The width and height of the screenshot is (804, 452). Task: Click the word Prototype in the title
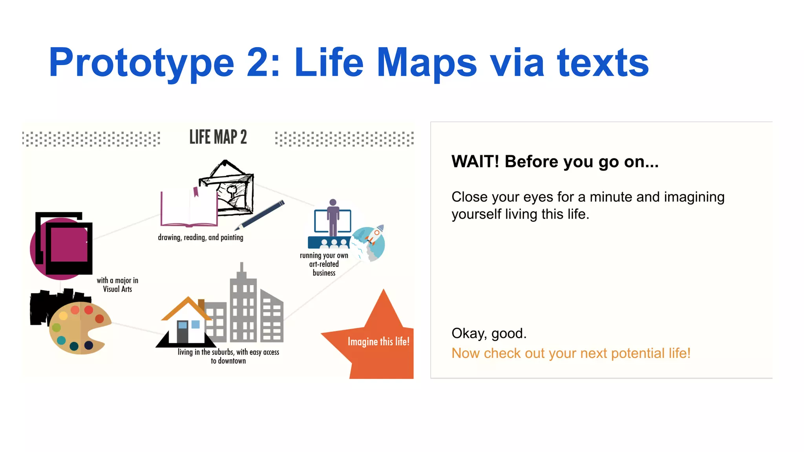141,63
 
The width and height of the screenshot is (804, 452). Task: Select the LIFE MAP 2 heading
218,137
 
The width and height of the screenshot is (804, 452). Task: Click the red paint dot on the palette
89,310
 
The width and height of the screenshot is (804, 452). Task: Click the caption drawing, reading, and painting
200,237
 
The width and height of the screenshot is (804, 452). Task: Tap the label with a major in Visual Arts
117,285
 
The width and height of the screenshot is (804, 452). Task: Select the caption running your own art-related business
324,264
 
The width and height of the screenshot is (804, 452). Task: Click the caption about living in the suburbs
228,356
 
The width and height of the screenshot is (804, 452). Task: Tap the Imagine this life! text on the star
378,341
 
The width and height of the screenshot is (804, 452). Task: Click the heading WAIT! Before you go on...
555,162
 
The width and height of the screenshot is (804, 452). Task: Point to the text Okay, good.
489,333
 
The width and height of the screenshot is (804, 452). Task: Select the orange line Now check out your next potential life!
570,353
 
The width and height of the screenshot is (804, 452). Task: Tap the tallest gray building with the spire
243,306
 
